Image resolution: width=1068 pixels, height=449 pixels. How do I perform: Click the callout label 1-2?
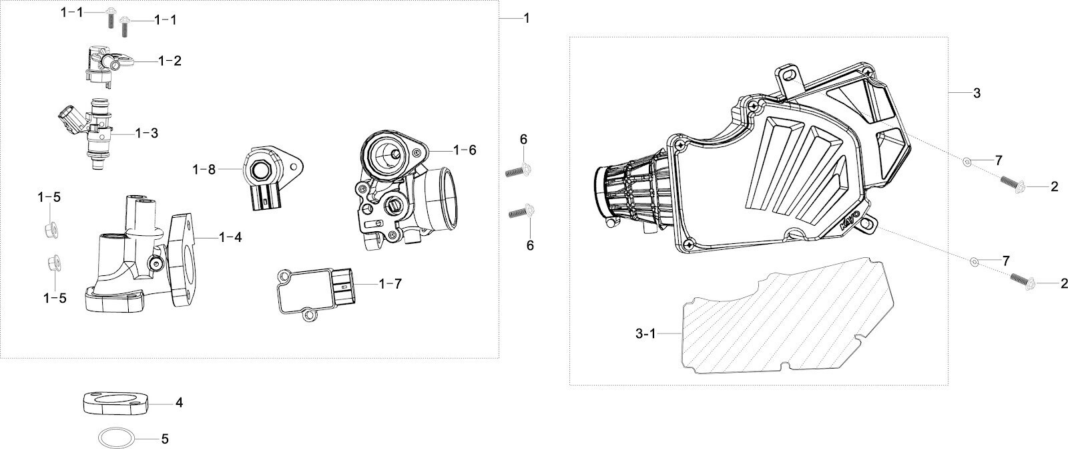tap(170, 61)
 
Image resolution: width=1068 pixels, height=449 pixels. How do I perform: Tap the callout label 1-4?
tap(230, 237)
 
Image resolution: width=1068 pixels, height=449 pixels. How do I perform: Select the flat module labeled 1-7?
tap(316, 291)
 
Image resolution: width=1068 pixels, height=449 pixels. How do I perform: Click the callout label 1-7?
tap(390, 283)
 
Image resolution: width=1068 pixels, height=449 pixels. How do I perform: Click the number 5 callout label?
tap(164, 438)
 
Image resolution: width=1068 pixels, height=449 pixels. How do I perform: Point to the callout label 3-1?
tap(645, 333)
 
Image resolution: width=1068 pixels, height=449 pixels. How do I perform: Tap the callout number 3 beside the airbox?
tap(977, 93)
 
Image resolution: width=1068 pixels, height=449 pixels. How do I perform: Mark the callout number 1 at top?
tap(527, 18)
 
